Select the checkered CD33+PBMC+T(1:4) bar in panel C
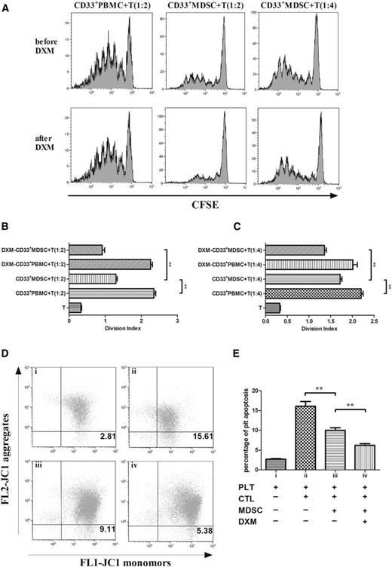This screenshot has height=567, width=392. coord(314,293)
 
